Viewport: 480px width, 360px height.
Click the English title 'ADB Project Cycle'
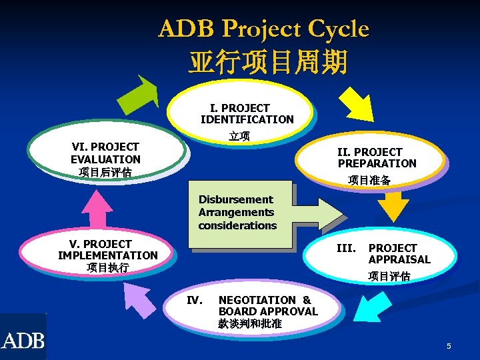click(263, 29)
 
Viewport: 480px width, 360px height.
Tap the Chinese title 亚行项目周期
click(267, 62)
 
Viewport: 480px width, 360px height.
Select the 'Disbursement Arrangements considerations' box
click(237, 213)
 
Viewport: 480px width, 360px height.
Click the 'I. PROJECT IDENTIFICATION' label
click(247, 113)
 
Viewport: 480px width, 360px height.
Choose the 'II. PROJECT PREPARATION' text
click(377, 157)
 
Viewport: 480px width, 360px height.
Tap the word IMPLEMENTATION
click(108, 255)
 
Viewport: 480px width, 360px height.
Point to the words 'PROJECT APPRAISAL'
click(399, 253)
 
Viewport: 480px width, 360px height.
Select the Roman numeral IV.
click(195, 300)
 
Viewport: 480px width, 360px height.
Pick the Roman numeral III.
click(346, 248)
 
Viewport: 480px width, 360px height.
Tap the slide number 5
click(449, 346)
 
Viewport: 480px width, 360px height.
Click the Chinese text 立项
click(239, 137)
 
